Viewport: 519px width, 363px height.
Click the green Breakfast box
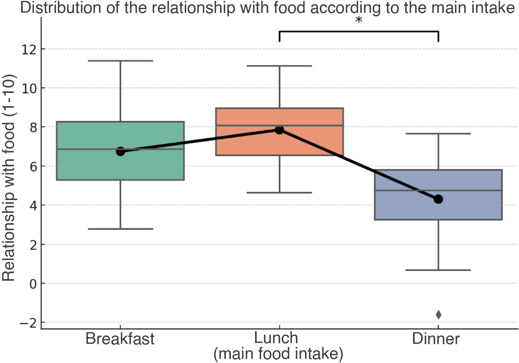click(120, 151)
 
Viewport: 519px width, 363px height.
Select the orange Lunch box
click(279, 131)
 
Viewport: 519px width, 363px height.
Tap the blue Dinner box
click(438, 195)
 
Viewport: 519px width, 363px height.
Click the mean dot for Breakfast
click(120, 152)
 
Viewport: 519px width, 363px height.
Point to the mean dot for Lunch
click(279, 130)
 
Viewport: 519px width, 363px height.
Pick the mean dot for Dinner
click(438, 199)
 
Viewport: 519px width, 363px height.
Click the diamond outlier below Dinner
click(438, 315)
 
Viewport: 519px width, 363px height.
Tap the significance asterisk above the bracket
click(359, 20)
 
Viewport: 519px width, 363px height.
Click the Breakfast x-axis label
click(120, 339)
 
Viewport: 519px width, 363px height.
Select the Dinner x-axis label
click(436, 339)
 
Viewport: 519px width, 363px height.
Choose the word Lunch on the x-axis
click(276, 338)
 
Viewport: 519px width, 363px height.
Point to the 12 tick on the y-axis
click(29, 49)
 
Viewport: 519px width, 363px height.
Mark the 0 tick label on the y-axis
click(33, 284)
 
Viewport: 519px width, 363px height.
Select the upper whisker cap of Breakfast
click(120, 61)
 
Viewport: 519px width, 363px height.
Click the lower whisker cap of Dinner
click(438, 270)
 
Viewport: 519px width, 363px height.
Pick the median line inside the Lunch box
click(279, 126)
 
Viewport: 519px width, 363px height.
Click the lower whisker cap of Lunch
click(279, 193)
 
